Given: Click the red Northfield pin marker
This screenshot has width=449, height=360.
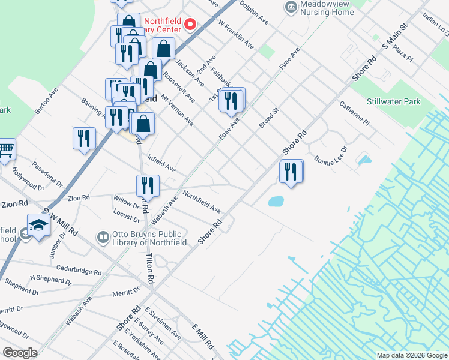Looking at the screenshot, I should point(190,24).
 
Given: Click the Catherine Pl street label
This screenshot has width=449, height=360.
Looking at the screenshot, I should point(354,113).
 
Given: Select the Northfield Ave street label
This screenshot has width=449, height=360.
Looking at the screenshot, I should point(202,202).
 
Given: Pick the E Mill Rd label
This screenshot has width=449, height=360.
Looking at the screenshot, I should point(203,337).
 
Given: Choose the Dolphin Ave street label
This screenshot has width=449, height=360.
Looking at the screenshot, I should point(253,12).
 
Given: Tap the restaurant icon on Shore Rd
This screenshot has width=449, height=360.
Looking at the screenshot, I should point(291,172).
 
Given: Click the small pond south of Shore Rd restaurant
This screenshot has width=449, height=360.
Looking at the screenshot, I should point(275,201).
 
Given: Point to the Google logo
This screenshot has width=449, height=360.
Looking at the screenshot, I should point(21,353).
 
